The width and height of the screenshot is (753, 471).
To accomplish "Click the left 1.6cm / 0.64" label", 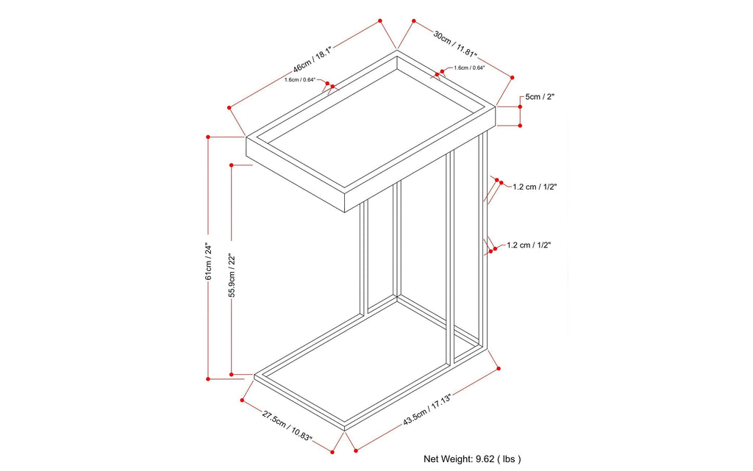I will point(300,79).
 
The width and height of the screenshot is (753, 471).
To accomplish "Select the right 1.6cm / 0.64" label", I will point(469,68).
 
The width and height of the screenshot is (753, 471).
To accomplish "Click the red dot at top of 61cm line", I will point(209,137).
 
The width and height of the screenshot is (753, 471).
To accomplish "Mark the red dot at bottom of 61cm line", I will point(209,378).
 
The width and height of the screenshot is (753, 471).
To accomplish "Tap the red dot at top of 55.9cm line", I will point(232,166).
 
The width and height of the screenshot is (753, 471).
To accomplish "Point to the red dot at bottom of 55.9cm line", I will point(232,373).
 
